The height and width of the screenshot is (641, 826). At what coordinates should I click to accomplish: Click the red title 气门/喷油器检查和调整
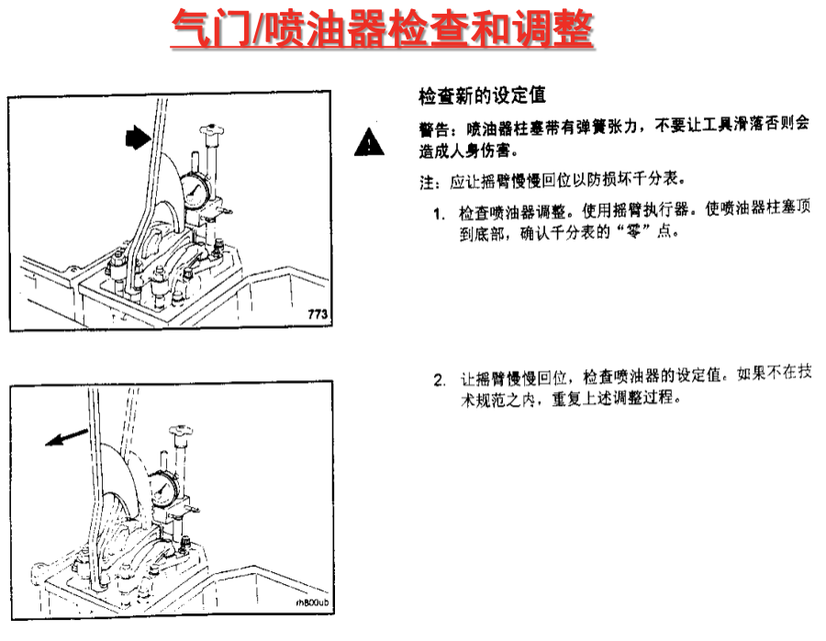click(383, 28)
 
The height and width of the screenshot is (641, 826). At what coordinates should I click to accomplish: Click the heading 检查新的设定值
click(482, 96)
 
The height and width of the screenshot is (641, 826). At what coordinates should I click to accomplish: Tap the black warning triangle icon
click(369, 141)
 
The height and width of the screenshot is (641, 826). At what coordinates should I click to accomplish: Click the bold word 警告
click(434, 128)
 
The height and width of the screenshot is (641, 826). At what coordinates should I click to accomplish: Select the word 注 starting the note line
click(427, 183)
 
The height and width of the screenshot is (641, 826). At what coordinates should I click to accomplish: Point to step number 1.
click(439, 213)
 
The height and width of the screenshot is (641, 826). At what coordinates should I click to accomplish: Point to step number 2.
click(440, 380)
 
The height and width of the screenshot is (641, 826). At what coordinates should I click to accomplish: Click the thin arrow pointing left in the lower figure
click(66, 437)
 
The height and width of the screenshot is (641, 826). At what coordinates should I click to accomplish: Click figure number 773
click(318, 314)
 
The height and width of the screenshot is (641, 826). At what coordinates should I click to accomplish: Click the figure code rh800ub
click(312, 602)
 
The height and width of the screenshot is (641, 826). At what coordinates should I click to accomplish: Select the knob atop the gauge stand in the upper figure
click(212, 130)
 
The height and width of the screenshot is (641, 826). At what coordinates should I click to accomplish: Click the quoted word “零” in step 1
click(632, 231)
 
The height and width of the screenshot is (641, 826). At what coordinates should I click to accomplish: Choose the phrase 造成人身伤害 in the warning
click(464, 151)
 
